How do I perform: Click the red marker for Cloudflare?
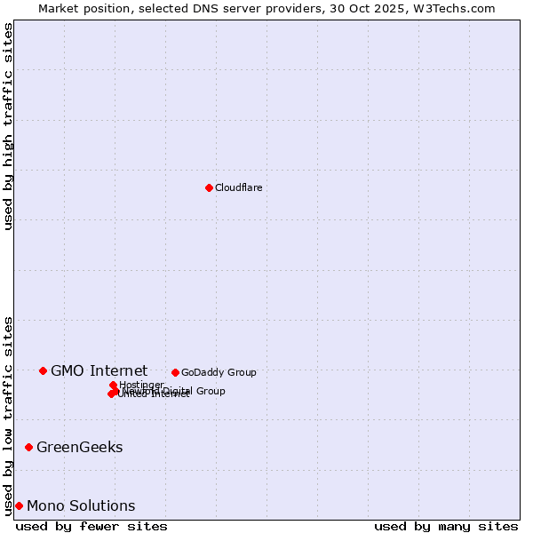[209, 187]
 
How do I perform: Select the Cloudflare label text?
[238, 187]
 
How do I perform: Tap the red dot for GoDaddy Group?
[175, 372]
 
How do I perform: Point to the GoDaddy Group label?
[219, 372]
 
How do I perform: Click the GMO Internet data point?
[43, 370]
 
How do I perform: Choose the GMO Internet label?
[99, 370]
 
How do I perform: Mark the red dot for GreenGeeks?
[28, 447]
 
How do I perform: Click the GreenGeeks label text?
[79, 447]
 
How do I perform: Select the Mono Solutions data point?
[19, 505]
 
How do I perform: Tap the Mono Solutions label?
[81, 505]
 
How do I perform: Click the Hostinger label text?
[141, 385]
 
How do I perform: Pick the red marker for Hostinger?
[113, 385]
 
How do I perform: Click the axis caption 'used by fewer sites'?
[91, 526]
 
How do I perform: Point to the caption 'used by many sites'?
[446, 526]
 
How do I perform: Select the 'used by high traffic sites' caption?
[9, 126]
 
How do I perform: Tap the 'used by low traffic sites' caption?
[9, 415]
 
